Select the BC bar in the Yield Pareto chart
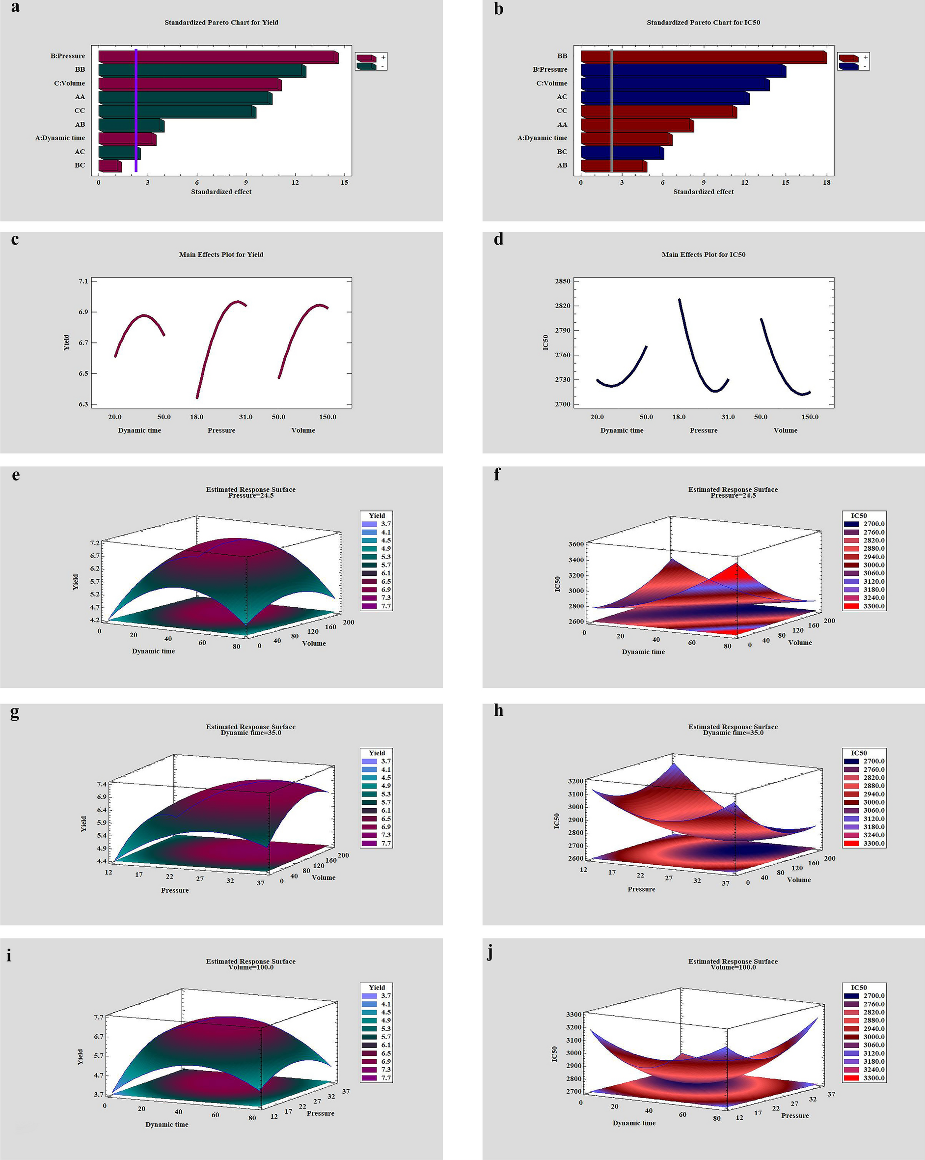tap(109, 166)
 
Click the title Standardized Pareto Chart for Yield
tap(221, 23)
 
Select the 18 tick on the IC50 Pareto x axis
tap(827, 182)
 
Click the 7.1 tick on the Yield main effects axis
tap(83, 282)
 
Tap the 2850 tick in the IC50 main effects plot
tap(564, 282)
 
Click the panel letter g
tap(15, 712)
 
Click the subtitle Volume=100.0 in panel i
tap(250, 967)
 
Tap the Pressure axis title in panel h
tap(641, 889)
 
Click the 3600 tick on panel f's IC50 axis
tap(575, 544)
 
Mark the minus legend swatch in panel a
tap(365, 66)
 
